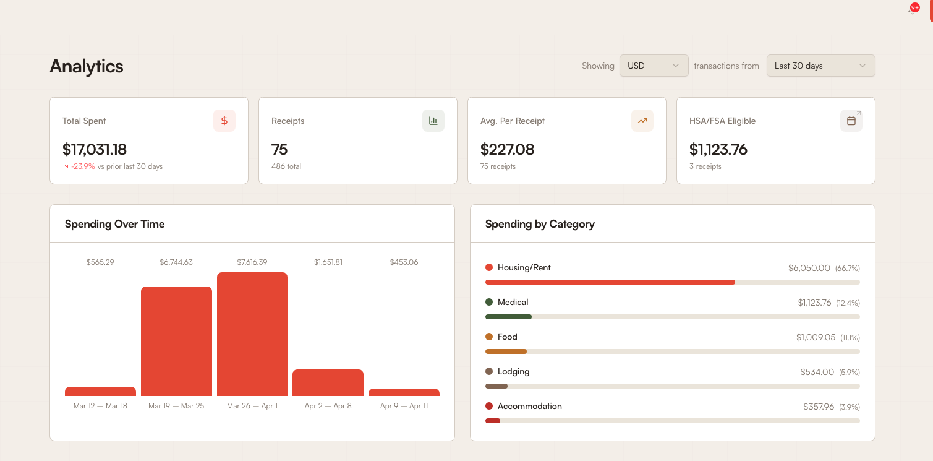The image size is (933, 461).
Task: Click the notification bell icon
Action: click(912, 10)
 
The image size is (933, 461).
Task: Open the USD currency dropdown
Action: click(654, 66)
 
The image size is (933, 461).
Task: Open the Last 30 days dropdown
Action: click(820, 66)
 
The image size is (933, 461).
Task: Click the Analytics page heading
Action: click(87, 66)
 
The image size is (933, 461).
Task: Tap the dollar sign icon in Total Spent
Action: click(224, 121)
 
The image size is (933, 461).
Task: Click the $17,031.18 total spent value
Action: click(95, 149)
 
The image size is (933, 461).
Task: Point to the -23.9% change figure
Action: click(83, 166)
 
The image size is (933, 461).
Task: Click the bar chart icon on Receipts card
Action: click(433, 121)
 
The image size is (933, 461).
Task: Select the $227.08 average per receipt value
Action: click(507, 149)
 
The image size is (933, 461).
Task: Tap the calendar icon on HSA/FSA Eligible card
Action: click(851, 121)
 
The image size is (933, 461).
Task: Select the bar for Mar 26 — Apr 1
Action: click(252, 334)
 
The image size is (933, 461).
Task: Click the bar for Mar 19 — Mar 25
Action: click(176, 341)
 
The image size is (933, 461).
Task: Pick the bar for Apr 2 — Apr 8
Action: click(328, 382)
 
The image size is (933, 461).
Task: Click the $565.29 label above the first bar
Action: click(100, 262)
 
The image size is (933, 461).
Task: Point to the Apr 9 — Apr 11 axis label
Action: click(404, 406)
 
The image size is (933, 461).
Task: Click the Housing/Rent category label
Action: click(524, 267)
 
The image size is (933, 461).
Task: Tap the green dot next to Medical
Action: click(489, 302)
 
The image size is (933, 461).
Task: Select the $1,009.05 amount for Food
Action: click(816, 337)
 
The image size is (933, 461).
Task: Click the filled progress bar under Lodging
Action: click(496, 386)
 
